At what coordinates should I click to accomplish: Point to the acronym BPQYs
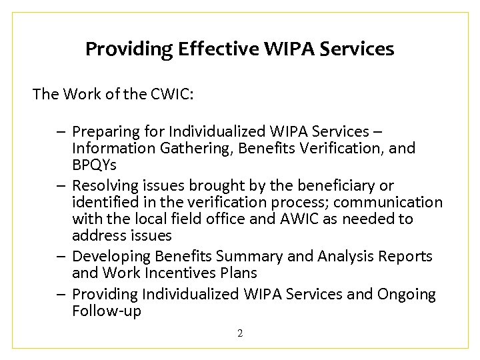click(95, 164)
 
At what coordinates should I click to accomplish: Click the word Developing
click(111, 256)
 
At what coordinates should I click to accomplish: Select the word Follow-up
click(106, 311)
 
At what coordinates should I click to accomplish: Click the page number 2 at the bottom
click(240, 332)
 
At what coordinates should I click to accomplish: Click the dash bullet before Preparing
click(61, 131)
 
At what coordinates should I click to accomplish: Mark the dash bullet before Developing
click(61, 256)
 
